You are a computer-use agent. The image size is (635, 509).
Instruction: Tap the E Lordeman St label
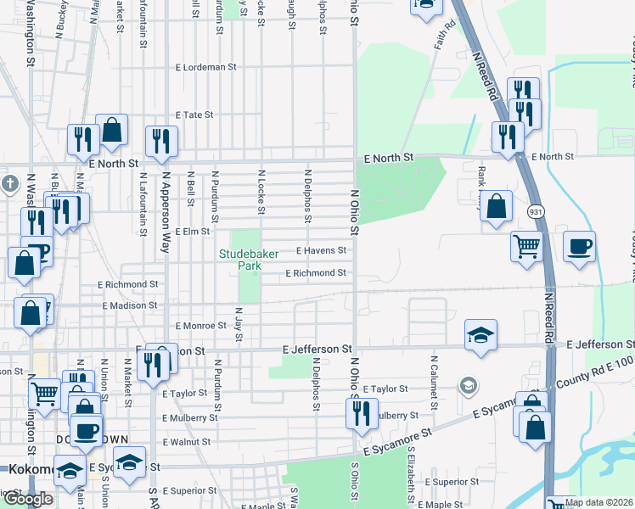pyautogui.click(x=205, y=66)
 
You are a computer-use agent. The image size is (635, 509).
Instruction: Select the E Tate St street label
pyautogui.click(x=194, y=115)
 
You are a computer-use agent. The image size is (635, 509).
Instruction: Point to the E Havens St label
pyautogui.click(x=321, y=250)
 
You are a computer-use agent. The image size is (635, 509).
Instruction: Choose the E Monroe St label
pyautogui.click(x=200, y=326)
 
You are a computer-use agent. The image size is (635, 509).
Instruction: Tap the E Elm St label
pyautogui.click(x=191, y=231)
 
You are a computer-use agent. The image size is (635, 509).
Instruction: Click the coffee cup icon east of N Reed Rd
pyautogui.click(x=579, y=247)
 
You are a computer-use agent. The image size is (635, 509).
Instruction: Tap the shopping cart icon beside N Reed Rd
pyautogui.click(x=526, y=246)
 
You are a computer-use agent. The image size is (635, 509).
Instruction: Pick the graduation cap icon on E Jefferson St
pyautogui.click(x=480, y=335)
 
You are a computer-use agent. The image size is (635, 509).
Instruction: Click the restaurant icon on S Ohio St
pyautogui.click(x=362, y=413)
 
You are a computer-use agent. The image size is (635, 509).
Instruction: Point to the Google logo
pyautogui.click(x=28, y=499)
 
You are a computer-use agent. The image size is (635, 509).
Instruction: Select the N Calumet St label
pyautogui.click(x=434, y=392)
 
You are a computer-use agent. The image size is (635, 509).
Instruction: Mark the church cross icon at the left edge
pyautogui.click(x=8, y=183)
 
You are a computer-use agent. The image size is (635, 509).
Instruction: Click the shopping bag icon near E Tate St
pyautogui.click(x=111, y=130)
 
